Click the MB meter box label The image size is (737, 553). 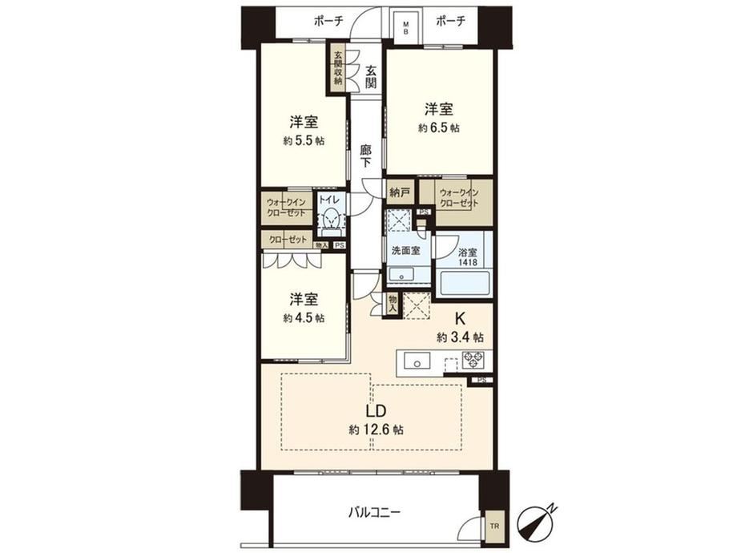(x=405, y=27)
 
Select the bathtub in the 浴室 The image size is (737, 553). (x=463, y=282)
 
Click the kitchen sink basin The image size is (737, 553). (x=416, y=362)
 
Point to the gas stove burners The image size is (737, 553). (x=475, y=360)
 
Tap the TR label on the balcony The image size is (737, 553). (x=493, y=527)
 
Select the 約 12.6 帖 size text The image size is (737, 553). (x=376, y=430)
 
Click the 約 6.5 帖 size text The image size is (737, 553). (x=439, y=128)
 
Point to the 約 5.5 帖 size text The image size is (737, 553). (x=304, y=140)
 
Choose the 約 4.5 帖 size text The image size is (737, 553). (x=304, y=318)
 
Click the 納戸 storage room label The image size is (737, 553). (x=400, y=192)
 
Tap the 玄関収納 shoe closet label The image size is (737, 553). (x=338, y=67)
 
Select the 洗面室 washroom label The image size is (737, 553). (x=405, y=251)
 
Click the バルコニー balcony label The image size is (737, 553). (x=375, y=511)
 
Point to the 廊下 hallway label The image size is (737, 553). (x=365, y=156)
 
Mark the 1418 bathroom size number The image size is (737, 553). (x=468, y=262)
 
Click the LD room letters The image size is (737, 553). (x=376, y=411)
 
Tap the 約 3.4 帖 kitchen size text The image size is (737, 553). (x=460, y=337)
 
